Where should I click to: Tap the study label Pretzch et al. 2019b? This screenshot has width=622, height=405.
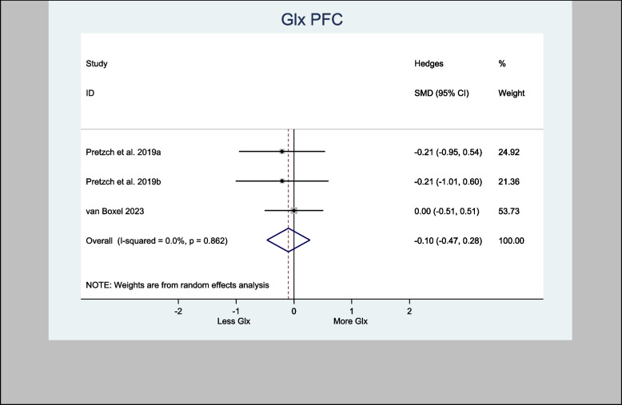(124, 181)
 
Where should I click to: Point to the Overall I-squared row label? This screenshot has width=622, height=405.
(157, 240)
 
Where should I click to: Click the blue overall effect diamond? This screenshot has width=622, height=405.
(288, 240)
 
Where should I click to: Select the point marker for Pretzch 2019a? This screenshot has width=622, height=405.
(282, 151)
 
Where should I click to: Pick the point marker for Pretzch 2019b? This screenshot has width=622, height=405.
(282, 181)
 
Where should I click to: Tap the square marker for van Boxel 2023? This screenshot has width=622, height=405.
(294, 211)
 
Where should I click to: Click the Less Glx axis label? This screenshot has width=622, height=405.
(234, 321)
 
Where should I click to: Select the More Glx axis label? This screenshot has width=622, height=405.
(351, 321)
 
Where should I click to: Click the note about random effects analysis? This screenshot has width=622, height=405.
(177, 284)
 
